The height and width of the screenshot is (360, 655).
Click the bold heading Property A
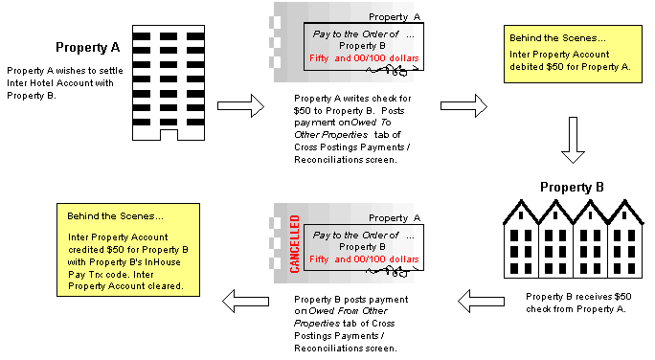tap(87, 48)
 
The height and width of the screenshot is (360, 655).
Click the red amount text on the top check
tap(364, 58)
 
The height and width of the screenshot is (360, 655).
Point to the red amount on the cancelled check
tap(364, 259)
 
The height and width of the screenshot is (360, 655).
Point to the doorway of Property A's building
tap(169, 136)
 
